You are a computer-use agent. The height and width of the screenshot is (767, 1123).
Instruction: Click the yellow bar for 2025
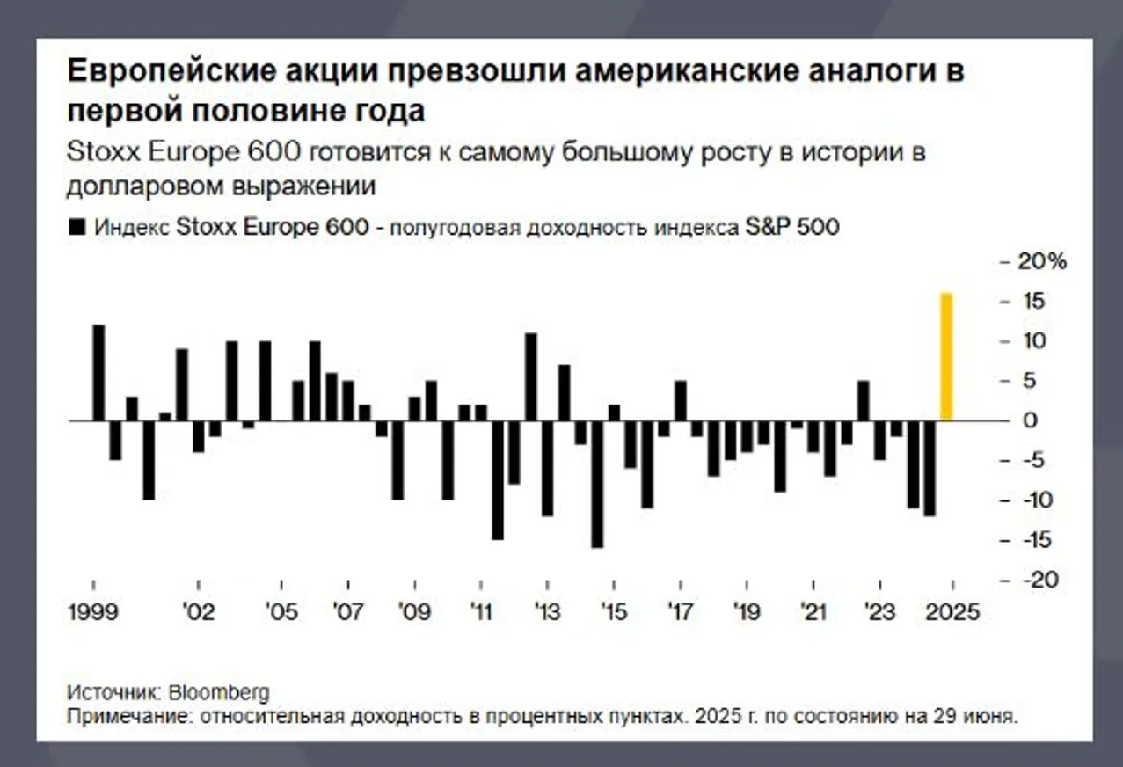[946, 357]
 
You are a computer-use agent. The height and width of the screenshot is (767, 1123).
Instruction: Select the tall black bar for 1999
[98, 373]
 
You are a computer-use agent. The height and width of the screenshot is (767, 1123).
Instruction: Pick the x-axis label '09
[414, 611]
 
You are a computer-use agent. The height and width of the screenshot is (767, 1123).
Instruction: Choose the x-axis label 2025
[952, 611]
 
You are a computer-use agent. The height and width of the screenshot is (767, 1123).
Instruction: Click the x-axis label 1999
[93, 611]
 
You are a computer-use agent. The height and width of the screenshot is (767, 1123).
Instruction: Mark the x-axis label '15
[614, 611]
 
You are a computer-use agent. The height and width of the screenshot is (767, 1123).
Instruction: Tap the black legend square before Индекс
[77, 227]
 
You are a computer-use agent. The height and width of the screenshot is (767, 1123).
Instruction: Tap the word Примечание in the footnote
[128, 716]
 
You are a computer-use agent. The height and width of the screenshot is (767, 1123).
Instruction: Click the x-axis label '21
[813, 611]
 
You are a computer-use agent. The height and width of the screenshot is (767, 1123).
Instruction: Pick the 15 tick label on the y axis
[1035, 302]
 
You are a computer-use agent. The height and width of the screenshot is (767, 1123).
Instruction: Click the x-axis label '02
[199, 611]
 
